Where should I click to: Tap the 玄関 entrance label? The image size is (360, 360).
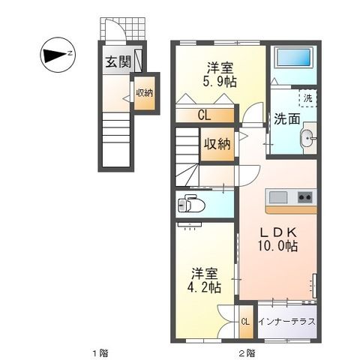[x=115, y=61]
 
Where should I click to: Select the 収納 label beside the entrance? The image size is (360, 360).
[x=144, y=92]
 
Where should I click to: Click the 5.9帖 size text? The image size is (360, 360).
[x=221, y=82]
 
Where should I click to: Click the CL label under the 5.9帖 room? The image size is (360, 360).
[x=205, y=115]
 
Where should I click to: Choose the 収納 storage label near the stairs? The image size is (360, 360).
[x=217, y=144]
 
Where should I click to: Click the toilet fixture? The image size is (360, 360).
[x=191, y=205]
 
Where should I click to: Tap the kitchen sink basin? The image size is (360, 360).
[x=278, y=198]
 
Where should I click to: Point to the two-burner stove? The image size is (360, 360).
[x=304, y=198]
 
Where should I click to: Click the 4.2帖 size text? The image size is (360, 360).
[x=205, y=286]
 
